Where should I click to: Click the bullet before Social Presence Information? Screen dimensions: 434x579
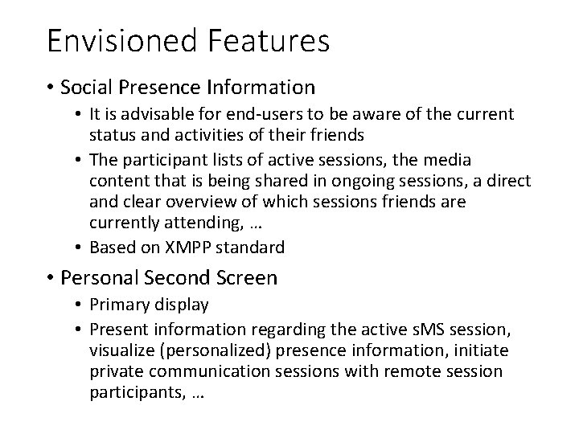coord(51,87)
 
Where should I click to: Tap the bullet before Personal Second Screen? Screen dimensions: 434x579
coord(51,279)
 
